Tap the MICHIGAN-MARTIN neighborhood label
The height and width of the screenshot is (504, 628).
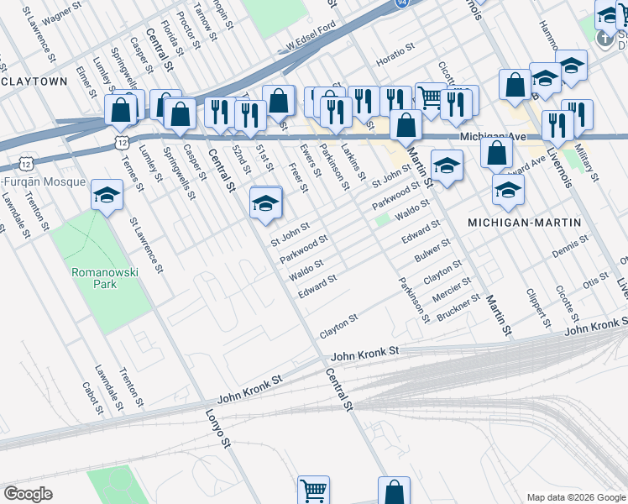(524, 223)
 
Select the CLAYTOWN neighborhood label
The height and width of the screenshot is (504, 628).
(34, 81)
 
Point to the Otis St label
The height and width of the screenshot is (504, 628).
(596, 279)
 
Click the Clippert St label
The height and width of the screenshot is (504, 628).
(536, 308)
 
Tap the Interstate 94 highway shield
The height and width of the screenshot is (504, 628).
(404, 4)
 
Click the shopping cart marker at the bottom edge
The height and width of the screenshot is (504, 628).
(313, 490)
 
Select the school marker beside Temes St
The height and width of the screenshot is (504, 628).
(107, 197)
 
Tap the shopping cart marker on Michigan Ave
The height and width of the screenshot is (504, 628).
(429, 97)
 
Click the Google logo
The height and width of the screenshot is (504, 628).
(28, 494)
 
